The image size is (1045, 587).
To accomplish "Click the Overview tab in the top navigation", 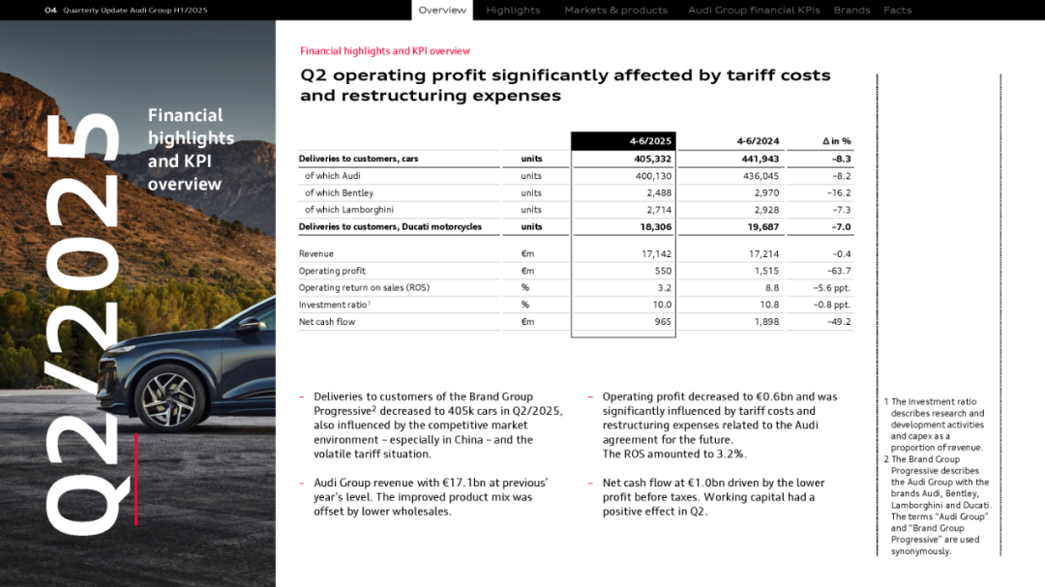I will click(x=442, y=11).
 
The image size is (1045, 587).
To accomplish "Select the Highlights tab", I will click(x=513, y=11).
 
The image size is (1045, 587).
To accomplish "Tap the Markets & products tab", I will click(x=615, y=11).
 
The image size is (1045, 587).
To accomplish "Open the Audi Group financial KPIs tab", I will click(x=754, y=11).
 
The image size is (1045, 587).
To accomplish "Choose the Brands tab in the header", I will click(x=851, y=11).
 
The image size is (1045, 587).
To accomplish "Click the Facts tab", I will click(x=897, y=11).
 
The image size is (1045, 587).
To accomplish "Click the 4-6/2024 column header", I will click(x=758, y=142).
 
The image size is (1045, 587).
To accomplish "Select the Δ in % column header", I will click(x=835, y=142).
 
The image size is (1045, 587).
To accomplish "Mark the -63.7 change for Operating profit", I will click(x=839, y=271).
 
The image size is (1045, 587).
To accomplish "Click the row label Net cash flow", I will click(x=327, y=322).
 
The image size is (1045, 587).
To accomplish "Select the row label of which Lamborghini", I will click(x=348, y=210).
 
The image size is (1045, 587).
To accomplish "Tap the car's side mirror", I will click(x=251, y=324).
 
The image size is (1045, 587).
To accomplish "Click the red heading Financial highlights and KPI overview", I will click(x=385, y=51).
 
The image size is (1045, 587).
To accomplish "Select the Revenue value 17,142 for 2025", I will click(x=656, y=254).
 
